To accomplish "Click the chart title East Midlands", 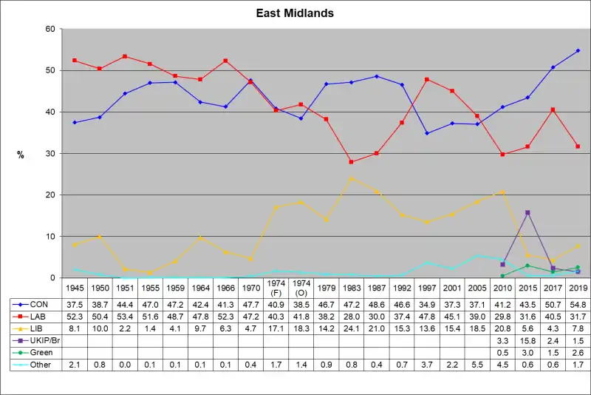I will click(295, 13).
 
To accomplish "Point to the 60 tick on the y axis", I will click(51, 29).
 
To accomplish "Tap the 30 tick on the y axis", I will click(51, 153).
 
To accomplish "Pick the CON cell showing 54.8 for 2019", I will click(578, 304).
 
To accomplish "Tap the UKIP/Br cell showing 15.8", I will click(527, 340).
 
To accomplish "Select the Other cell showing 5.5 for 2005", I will click(477, 365).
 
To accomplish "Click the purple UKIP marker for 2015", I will click(527, 212).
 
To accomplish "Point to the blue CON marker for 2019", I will click(578, 50).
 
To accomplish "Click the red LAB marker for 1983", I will click(351, 162).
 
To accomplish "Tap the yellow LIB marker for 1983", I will click(351, 178).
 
